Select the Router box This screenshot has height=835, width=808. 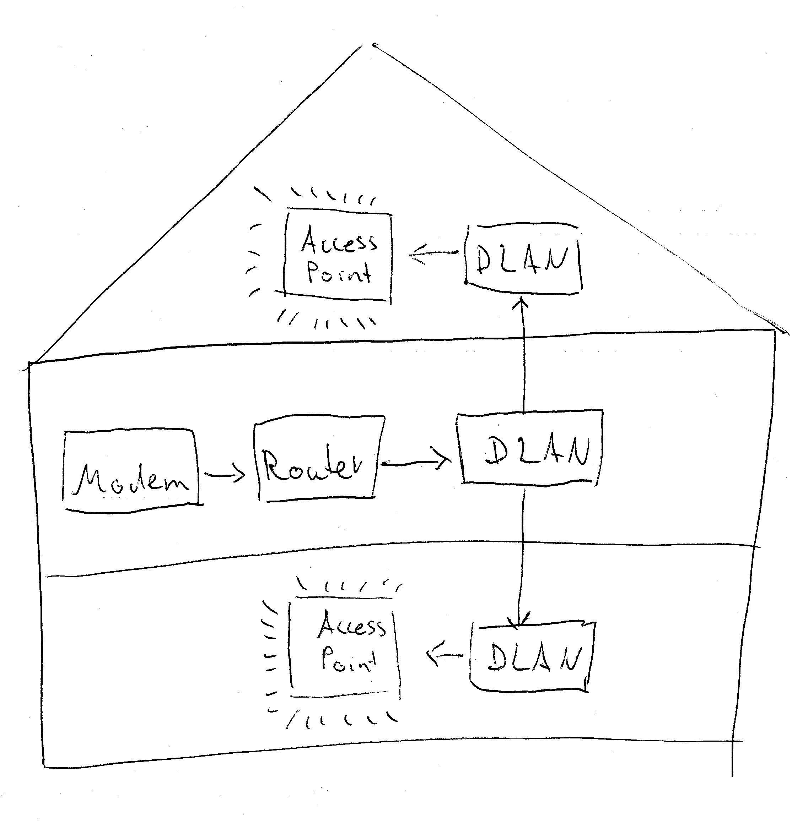[318, 458]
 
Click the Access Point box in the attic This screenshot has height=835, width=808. [338, 256]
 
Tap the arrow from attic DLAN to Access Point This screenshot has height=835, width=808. [433, 254]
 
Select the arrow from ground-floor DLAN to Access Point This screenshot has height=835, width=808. [445, 655]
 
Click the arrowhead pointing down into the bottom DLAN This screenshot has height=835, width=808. [519, 620]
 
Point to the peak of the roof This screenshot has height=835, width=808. [373, 45]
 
